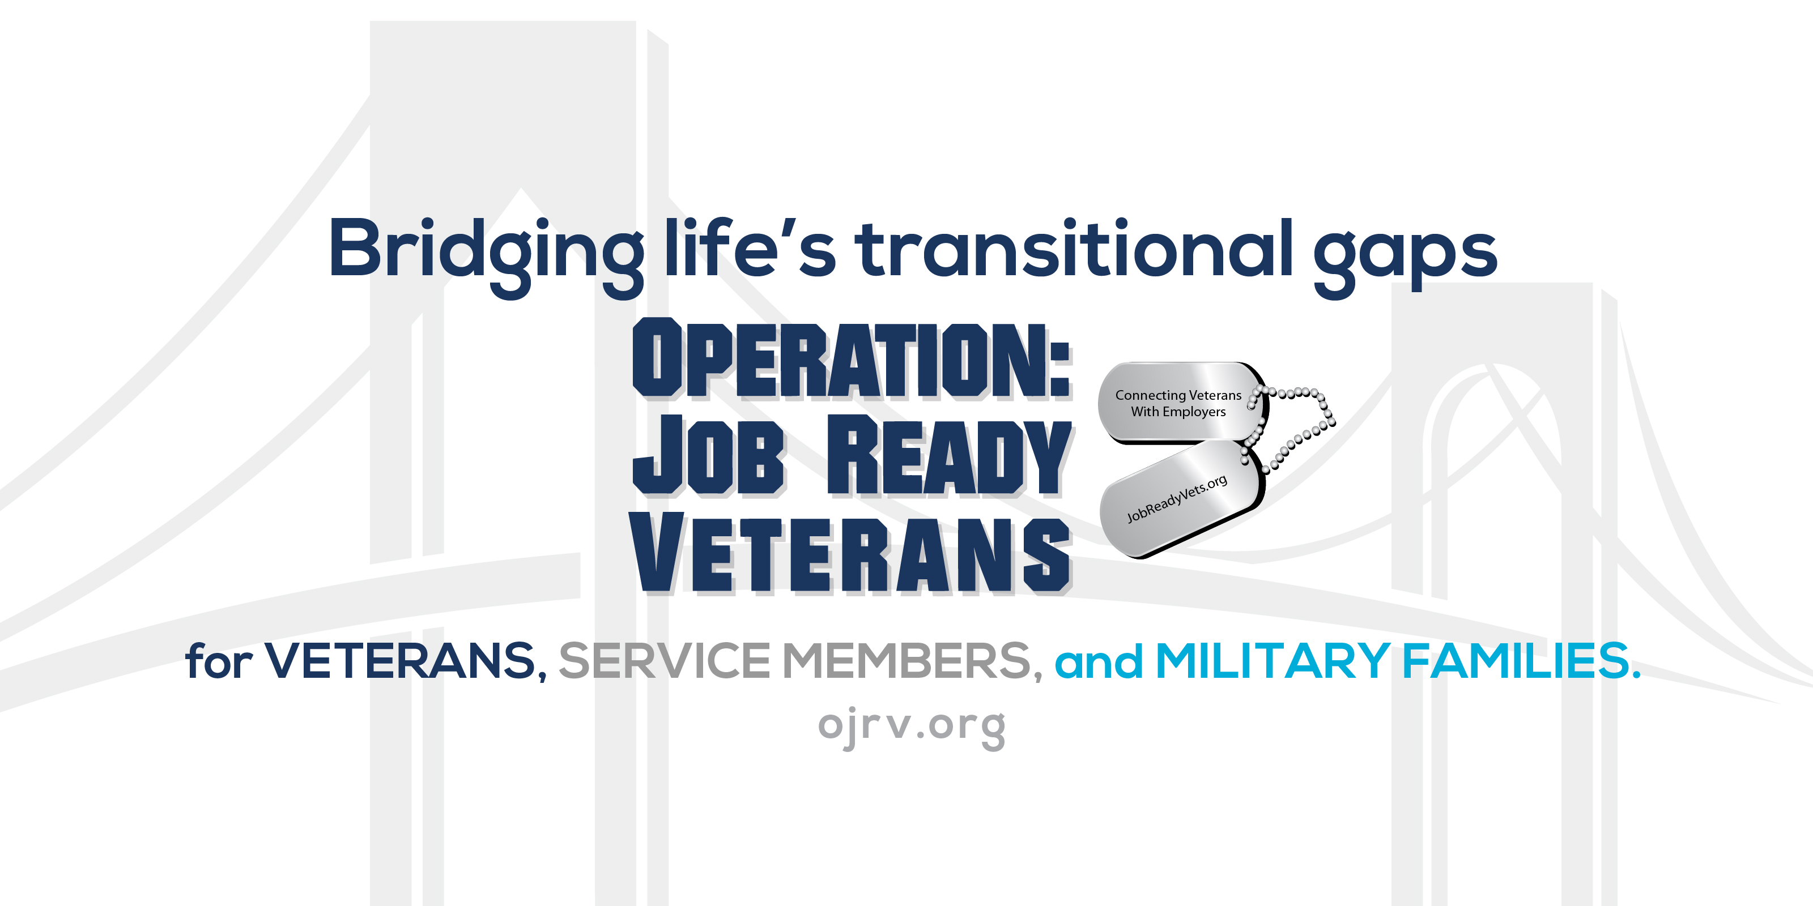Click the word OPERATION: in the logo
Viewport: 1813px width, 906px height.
click(x=841, y=360)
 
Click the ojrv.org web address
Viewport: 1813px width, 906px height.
click(x=912, y=726)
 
